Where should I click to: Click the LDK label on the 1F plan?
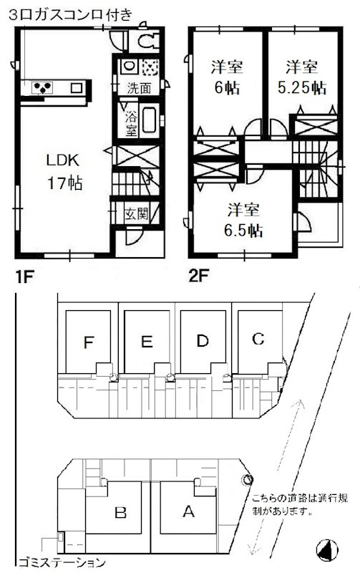(63, 160)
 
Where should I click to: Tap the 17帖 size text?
(64, 183)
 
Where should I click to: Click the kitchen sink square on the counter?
(77, 87)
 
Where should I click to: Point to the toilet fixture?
(148, 40)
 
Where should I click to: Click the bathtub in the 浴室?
(150, 120)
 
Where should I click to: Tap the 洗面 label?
(139, 88)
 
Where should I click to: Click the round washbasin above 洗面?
(129, 66)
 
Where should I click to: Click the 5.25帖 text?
(301, 87)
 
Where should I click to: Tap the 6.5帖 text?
(243, 231)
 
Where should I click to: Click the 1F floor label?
(24, 277)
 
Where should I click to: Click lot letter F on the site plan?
(89, 343)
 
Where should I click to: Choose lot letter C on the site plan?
(258, 339)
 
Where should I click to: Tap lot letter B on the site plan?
(120, 513)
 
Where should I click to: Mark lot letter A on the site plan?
(188, 511)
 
